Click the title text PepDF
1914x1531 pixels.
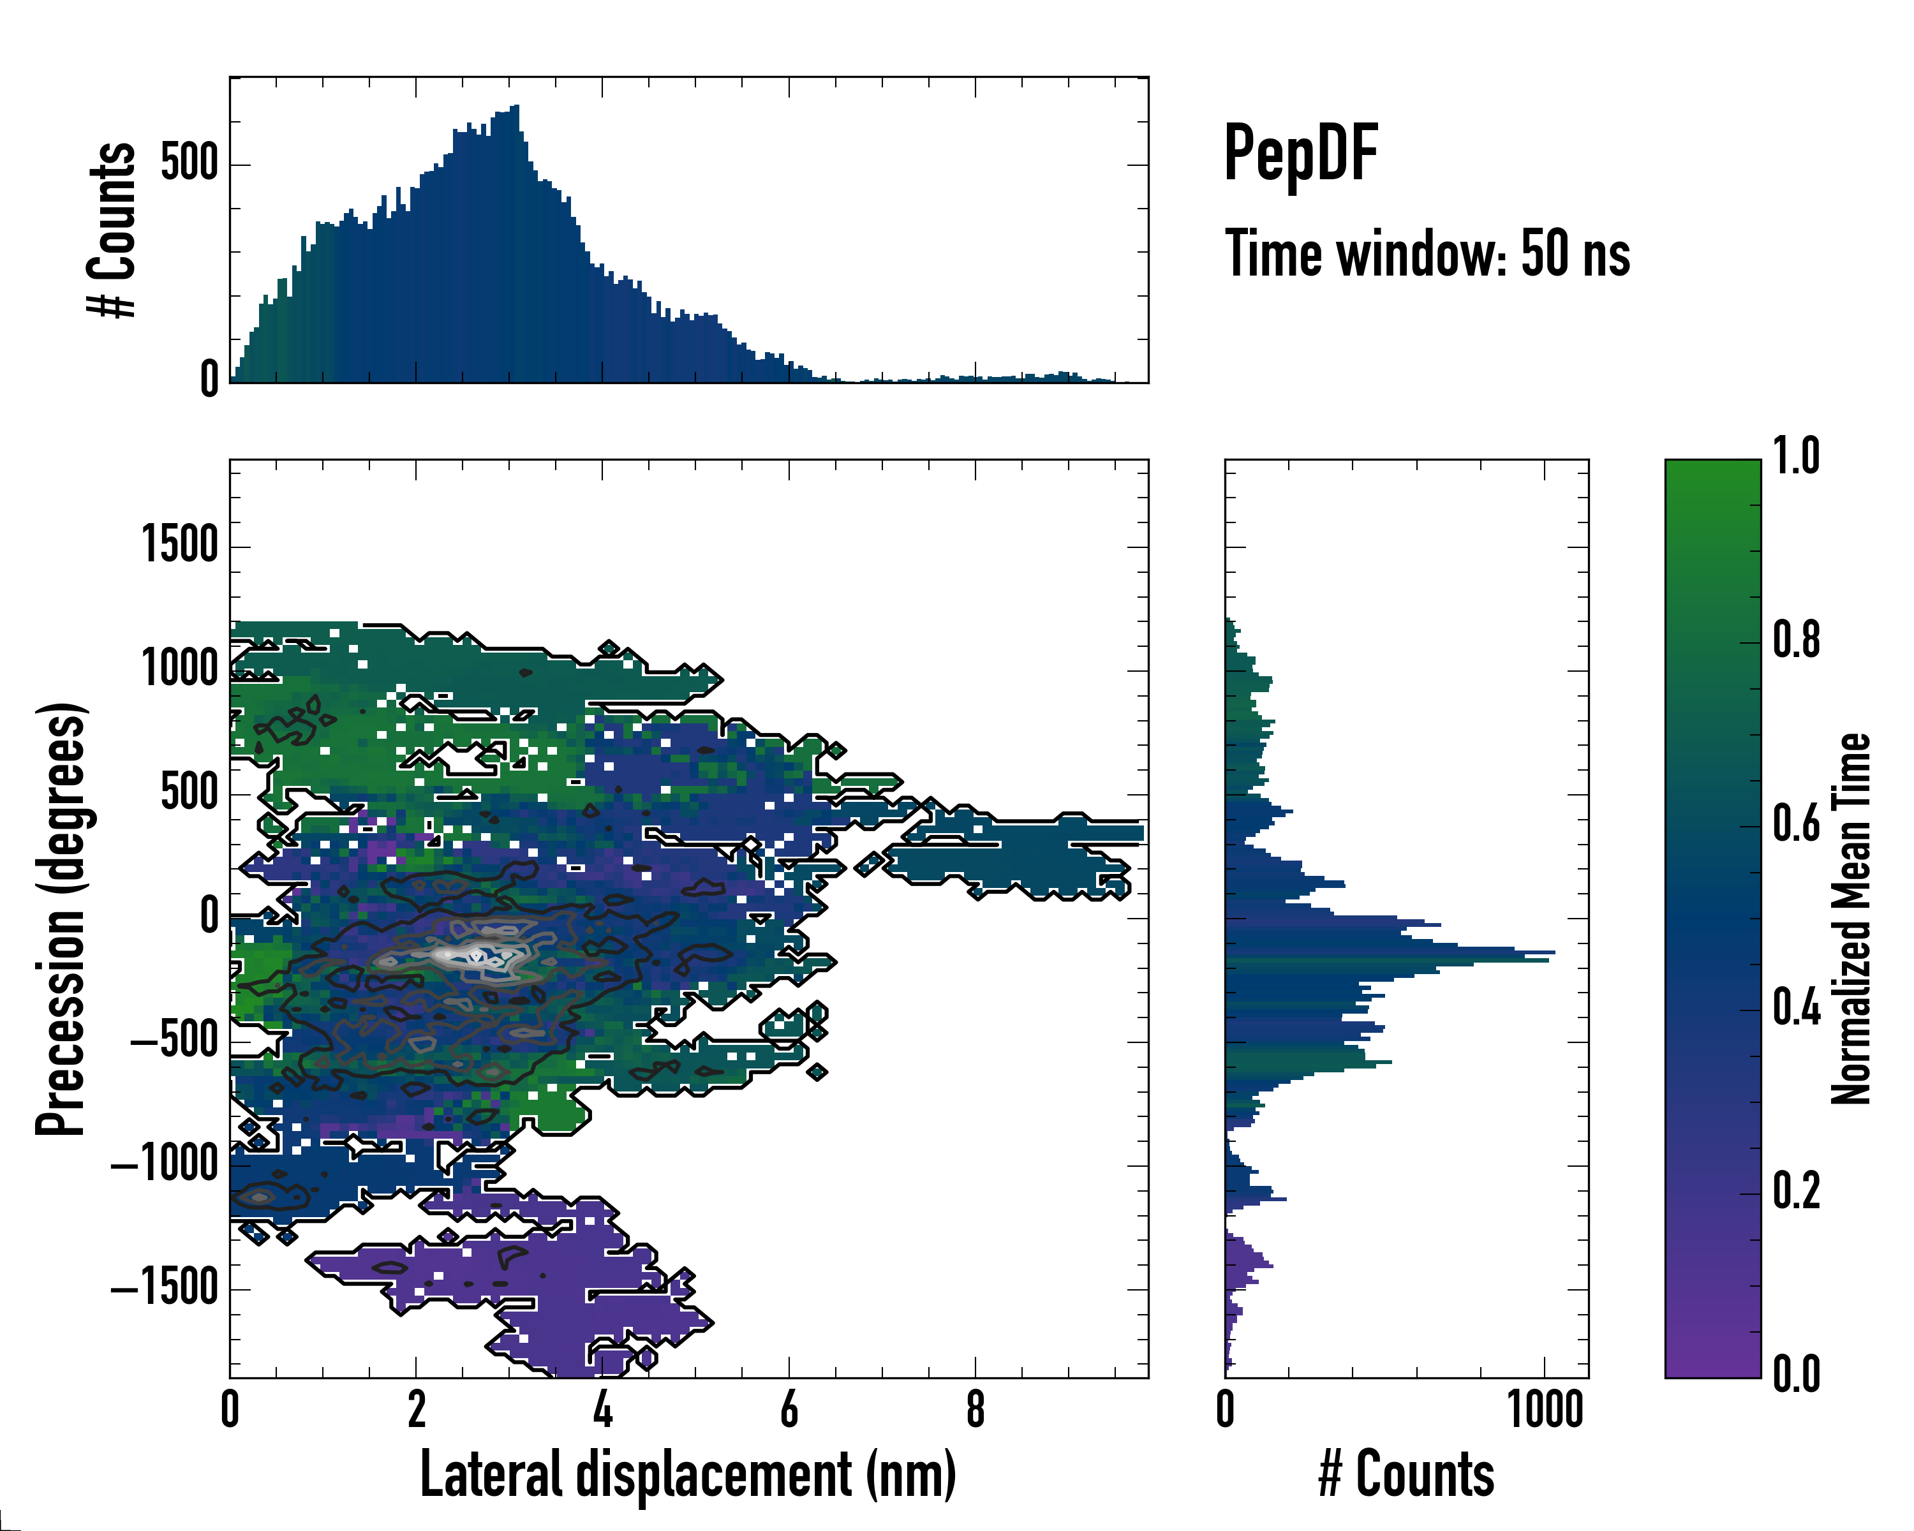click(x=1300, y=154)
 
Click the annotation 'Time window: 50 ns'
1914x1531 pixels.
click(x=1427, y=255)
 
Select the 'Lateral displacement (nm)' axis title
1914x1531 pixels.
click(x=688, y=1474)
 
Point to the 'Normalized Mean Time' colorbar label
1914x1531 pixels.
click(x=1851, y=919)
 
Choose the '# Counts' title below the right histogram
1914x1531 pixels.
click(x=1406, y=1474)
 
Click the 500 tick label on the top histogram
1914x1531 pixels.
click(x=189, y=164)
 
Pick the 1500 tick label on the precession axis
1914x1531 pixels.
click(x=180, y=545)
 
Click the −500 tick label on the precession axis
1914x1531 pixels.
click(x=174, y=1040)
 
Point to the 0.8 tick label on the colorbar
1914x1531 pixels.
click(x=1796, y=641)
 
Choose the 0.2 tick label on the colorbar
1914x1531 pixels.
click(x=1796, y=1191)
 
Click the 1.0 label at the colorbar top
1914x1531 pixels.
click(x=1796, y=456)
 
